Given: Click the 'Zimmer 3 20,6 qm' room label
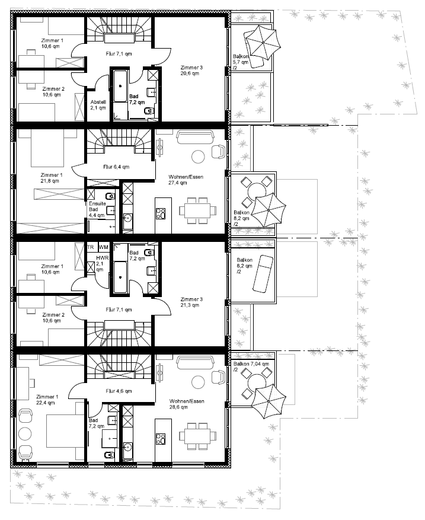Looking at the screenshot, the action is pos(191,71).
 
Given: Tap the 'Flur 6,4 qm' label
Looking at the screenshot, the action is pos(116,167).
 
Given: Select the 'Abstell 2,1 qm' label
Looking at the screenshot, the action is pos(98,105).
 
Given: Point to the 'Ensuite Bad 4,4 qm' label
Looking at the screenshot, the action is pos(97,209).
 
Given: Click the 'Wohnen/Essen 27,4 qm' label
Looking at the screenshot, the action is pos(186,180).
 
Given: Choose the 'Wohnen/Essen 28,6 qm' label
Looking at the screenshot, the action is pos(187,404).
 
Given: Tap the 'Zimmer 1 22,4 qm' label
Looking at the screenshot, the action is pos(47,400).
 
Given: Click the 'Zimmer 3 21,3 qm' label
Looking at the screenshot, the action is pos(191,302).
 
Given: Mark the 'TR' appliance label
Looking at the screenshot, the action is pos(91,247).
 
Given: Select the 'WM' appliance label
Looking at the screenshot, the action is pos(103,247).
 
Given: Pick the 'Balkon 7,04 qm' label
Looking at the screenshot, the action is pos(251,364).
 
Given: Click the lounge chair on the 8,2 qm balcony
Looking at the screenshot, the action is pos(263,273).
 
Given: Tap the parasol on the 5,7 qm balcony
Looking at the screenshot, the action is pos(263,42).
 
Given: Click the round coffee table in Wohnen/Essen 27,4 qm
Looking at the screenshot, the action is pos(198,157).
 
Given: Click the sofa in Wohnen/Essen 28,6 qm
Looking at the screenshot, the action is pos(195,362).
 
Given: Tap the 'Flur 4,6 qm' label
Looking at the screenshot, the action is pos(119,391).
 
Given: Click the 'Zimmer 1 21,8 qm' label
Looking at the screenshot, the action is pos(52,178).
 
